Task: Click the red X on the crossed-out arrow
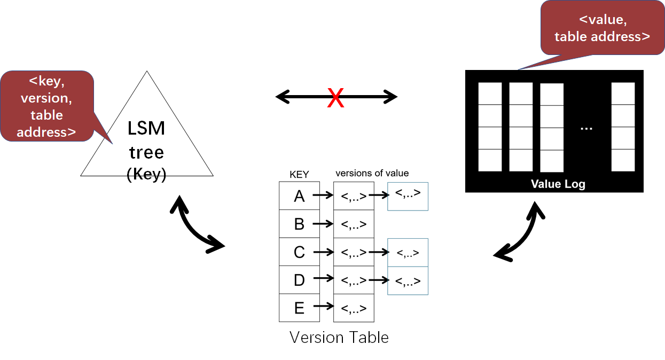point(335,98)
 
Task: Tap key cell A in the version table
point(299,196)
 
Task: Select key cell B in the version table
point(299,224)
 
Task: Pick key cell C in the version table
point(299,252)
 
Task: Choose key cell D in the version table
point(299,279)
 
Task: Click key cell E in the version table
point(299,308)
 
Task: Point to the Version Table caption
point(339,338)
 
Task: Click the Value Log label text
point(558,184)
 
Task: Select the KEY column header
point(299,175)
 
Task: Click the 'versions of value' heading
point(372,173)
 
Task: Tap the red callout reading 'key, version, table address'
point(47,106)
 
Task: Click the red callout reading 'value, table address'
point(602,28)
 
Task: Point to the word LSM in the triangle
point(146,129)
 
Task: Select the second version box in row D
point(408,280)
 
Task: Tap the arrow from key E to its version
point(323,307)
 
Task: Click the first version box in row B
point(354,224)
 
